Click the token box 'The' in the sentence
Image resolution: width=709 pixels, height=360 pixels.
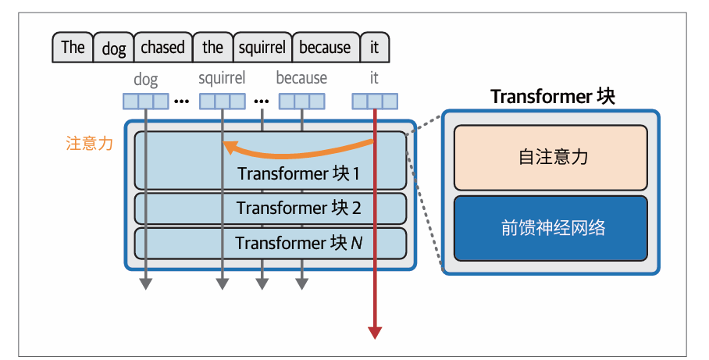coord(73,47)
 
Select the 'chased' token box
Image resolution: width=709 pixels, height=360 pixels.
coord(162,47)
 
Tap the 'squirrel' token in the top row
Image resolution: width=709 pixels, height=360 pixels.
coord(262,47)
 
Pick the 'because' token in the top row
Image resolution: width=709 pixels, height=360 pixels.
coord(325,47)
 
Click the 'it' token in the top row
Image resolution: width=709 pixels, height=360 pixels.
coord(374,47)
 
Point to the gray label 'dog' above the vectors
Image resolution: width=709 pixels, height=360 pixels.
coord(145,79)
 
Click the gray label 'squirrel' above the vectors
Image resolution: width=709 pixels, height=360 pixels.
coord(222,78)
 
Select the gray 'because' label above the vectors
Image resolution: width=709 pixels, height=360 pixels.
coord(301,78)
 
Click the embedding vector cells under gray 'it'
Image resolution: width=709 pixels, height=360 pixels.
coord(374,101)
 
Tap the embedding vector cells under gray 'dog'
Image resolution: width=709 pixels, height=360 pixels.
coord(145,101)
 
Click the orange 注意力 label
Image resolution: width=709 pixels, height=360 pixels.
coord(90,144)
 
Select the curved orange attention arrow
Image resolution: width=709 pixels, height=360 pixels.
coord(297,148)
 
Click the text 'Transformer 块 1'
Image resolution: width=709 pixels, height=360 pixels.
coord(298,173)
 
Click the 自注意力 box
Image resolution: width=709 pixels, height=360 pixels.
coord(550,157)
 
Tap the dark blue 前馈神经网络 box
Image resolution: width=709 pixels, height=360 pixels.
coord(550,229)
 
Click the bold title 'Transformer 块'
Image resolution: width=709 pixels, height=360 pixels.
coord(552,97)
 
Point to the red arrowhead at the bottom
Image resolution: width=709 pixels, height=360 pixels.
coord(375,332)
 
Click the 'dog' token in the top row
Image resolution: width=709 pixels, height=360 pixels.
coord(114,48)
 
